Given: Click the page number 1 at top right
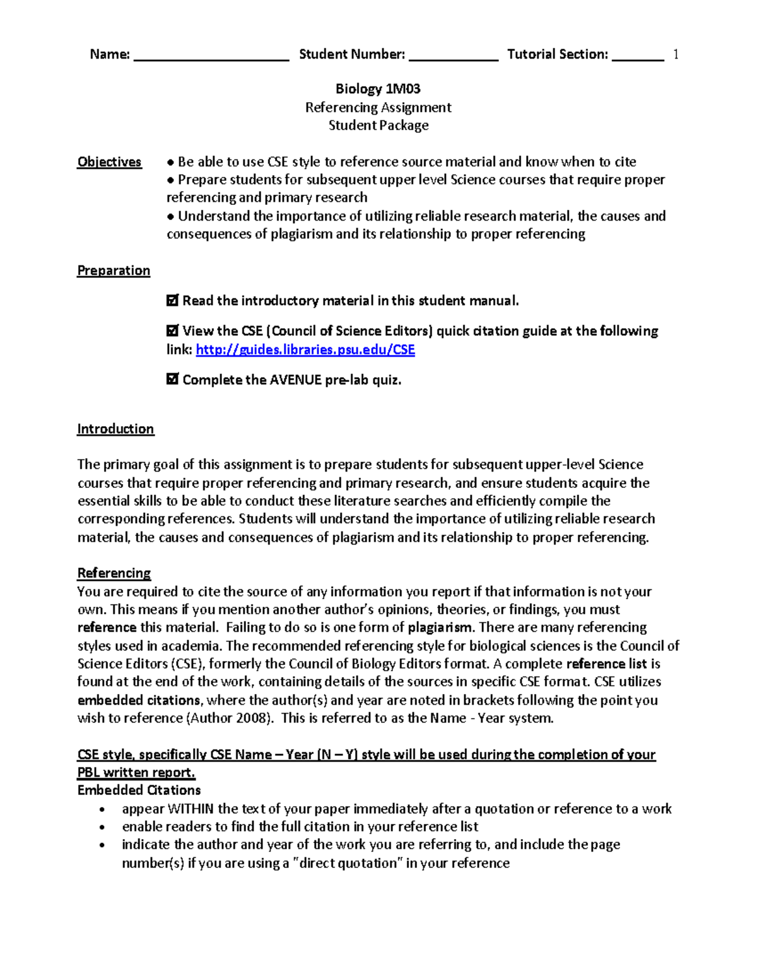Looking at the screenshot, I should coord(676,55).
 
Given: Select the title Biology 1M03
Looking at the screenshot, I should coord(378,89).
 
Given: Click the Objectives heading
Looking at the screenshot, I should coord(109,162).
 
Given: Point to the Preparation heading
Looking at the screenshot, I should coord(114,270).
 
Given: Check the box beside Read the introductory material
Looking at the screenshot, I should coord(172,301).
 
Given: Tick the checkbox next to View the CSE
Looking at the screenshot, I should coord(172,331).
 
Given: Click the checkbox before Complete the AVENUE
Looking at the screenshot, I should coord(172,379).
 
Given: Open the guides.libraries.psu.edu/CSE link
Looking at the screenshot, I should coord(305,350).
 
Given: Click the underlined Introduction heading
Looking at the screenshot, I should coord(115,429).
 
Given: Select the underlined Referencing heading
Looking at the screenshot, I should coord(114,573).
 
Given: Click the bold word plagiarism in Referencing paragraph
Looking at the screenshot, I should coord(440,628).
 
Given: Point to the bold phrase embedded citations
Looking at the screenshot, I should coord(139,700).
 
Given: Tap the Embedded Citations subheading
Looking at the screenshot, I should coord(139,791).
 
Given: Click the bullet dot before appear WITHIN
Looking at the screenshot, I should coord(102,810).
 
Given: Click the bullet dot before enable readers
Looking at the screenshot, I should coord(102,828).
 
